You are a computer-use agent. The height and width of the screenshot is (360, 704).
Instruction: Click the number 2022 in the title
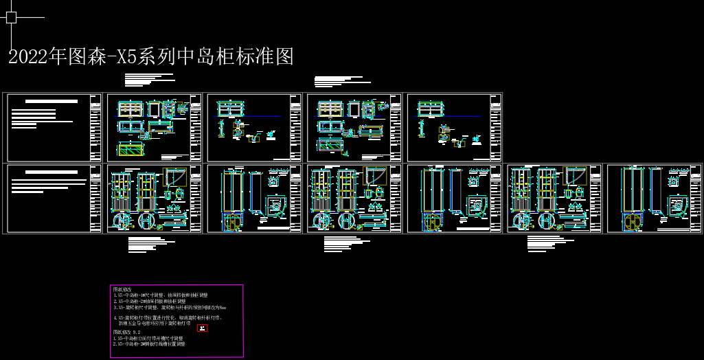tap(27, 57)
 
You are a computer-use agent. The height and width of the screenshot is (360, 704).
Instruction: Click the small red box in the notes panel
tap(202, 328)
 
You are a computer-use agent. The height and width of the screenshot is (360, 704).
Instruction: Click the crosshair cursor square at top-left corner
tap(12, 17)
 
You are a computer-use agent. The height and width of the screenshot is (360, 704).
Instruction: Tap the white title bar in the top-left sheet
tap(52, 101)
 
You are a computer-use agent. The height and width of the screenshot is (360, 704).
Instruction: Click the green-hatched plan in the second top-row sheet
tap(130, 149)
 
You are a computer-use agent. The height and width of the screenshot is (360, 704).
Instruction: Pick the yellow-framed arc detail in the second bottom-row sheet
tap(174, 177)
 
